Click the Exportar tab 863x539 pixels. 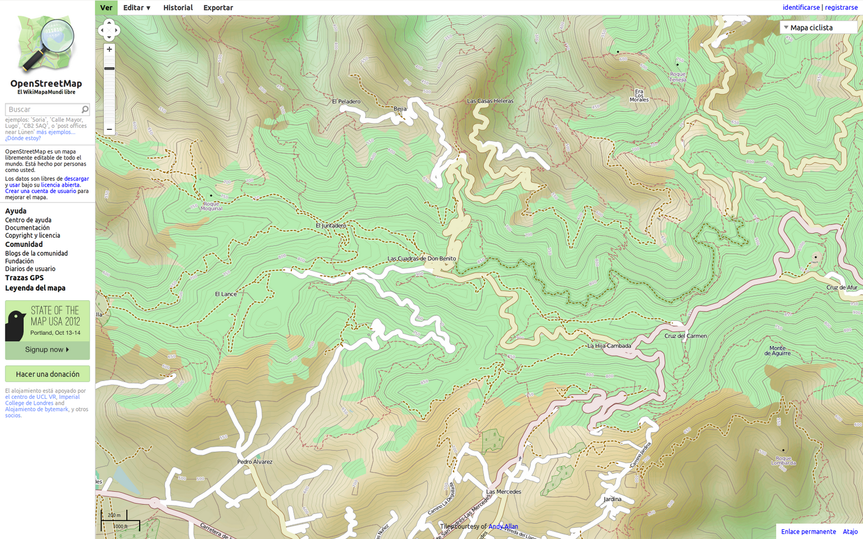click(x=218, y=8)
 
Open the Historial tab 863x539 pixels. click(x=178, y=8)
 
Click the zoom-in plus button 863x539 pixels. click(x=109, y=49)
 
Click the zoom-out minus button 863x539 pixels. click(x=109, y=129)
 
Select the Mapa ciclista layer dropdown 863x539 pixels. click(x=818, y=27)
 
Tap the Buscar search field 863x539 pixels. click(x=43, y=109)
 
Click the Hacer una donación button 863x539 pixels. click(x=47, y=374)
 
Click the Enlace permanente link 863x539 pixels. click(x=808, y=531)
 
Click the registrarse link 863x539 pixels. click(x=841, y=8)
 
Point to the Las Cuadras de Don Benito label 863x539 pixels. click(x=422, y=259)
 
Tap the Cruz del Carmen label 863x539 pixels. click(x=686, y=336)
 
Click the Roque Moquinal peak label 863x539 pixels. click(x=211, y=206)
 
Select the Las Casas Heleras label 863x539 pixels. click(x=490, y=101)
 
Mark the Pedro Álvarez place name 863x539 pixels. click(x=255, y=462)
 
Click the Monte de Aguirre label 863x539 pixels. click(x=777, y=351)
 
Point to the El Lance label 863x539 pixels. click(x=226, y=294)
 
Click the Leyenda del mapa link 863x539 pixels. click(x=35, y=288)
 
